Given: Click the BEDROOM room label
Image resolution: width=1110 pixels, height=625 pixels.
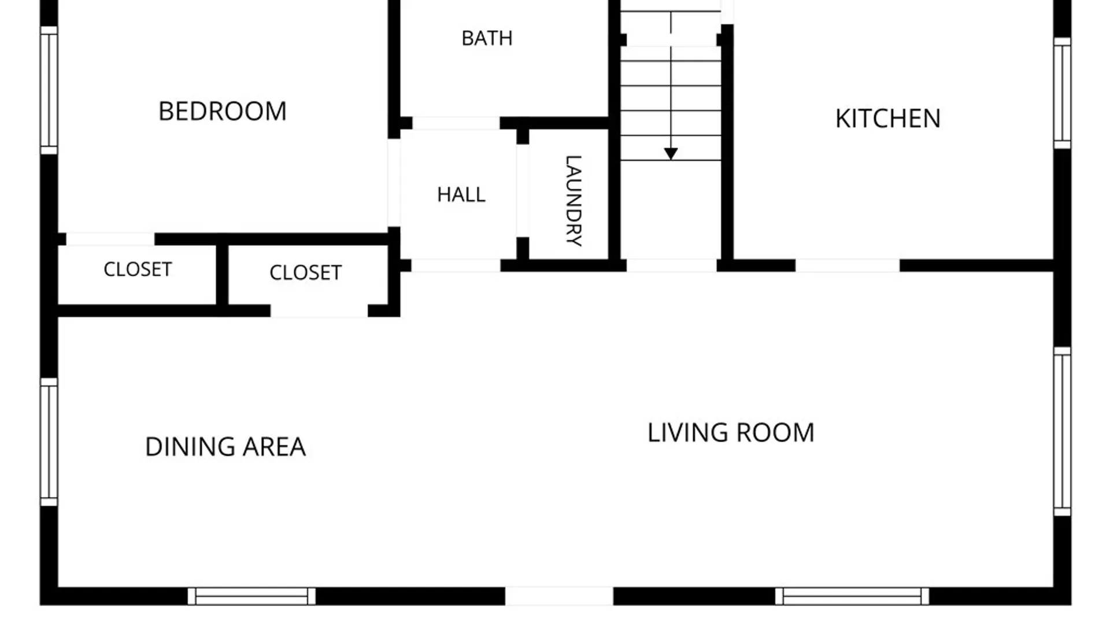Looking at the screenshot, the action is coord(223,111).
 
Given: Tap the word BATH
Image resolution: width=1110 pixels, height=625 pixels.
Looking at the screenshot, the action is coord(487,38).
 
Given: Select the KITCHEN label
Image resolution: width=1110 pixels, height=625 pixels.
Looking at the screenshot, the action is coord(888,119).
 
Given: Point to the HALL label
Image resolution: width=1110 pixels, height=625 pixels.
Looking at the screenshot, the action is coord(461,194).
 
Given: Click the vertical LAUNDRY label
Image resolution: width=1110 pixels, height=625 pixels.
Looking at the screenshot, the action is coord(573,201).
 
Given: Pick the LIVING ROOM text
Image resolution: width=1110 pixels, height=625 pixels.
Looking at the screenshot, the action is coord(731,433).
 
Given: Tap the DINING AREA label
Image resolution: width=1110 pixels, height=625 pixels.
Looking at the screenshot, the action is coord(225,447).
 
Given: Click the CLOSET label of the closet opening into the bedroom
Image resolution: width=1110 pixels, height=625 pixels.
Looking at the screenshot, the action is coord(138,269).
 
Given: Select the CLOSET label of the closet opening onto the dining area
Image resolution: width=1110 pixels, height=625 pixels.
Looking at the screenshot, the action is coord(305,273).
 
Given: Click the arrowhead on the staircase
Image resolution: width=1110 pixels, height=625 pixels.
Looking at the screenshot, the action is coord(671,153).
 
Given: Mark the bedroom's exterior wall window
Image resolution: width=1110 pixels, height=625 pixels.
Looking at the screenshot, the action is coord(49,90).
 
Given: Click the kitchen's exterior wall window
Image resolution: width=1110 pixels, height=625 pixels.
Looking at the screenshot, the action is coord(1062,93).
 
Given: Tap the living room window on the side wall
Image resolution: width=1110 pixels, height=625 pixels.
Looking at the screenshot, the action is coord(1062,431).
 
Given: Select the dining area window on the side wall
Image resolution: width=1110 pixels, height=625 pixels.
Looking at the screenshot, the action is coord(49,442).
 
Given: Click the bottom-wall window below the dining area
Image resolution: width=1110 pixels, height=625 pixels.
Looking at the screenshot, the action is coord(251,596).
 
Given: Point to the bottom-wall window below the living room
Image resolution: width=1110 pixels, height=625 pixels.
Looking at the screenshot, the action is coord(852,596).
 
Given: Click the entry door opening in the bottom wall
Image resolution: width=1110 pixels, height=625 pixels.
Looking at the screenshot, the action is coord(559,596).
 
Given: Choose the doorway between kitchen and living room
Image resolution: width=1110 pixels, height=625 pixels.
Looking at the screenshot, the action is coord(848,266).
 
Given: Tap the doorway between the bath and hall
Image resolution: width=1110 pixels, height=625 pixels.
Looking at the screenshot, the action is coord(456,123).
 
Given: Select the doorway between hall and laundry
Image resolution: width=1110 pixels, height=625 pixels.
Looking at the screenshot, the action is coord(523,190).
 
